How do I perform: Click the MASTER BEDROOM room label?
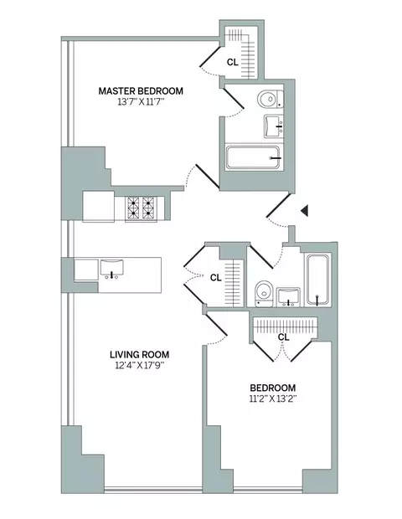(140, 90)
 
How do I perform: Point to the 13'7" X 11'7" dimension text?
(140, 103)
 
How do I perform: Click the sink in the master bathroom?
(272, 127)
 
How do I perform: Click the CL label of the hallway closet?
(215, 277)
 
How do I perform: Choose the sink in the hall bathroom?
(289, 295)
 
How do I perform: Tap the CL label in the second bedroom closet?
(283, 337)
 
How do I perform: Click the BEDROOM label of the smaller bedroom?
(272, 388)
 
